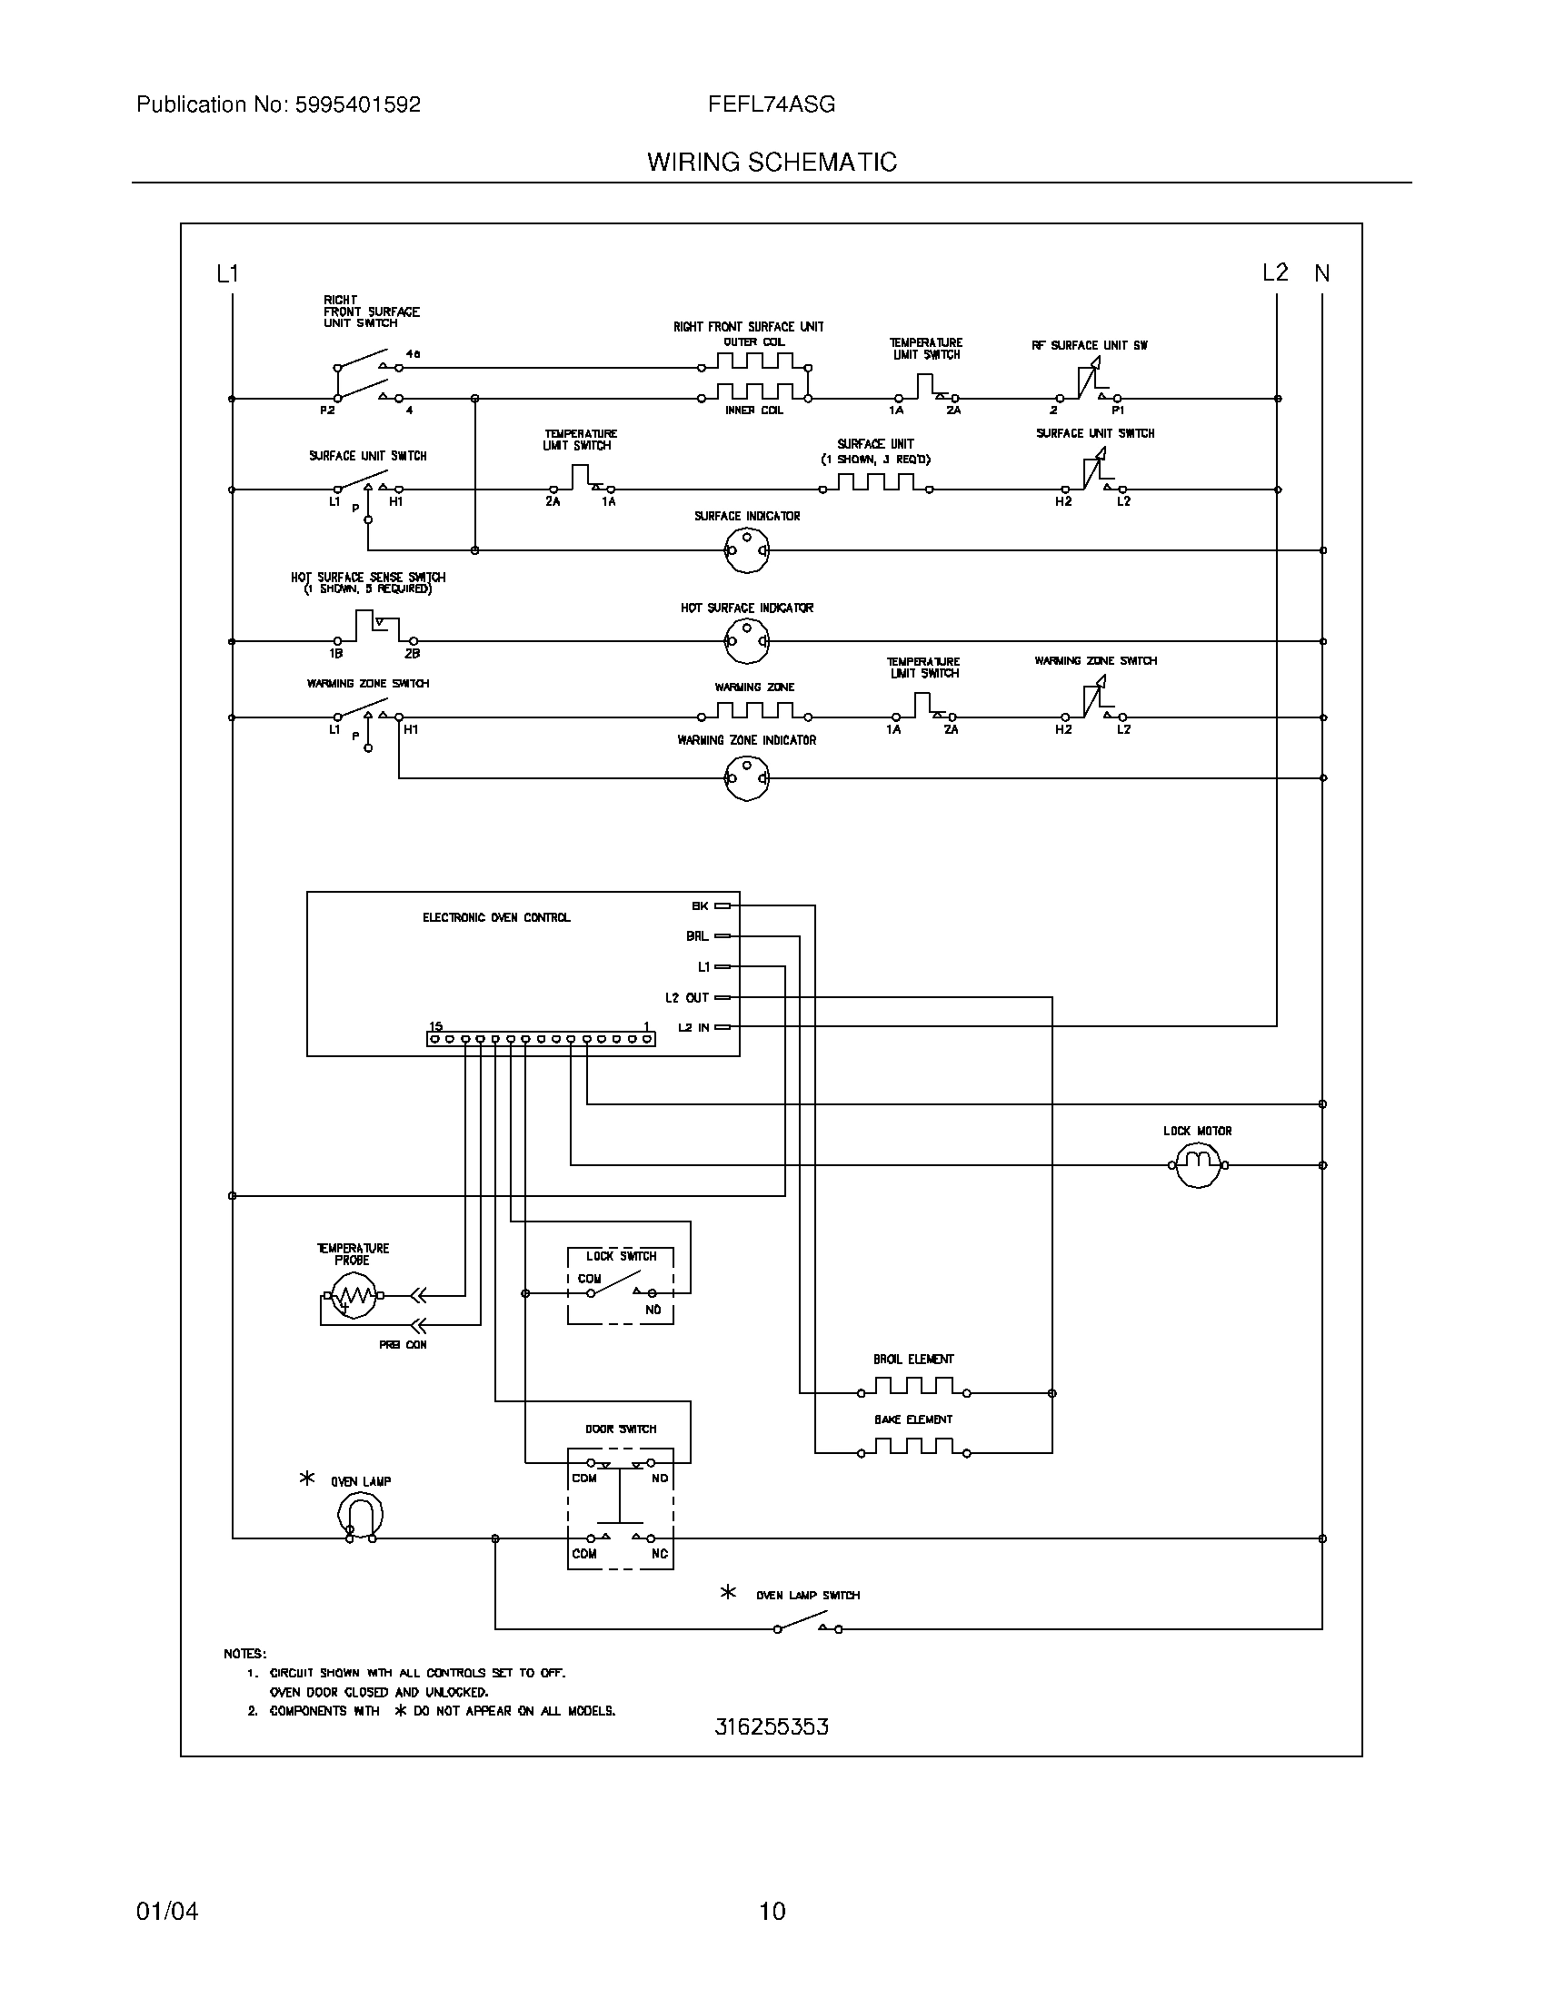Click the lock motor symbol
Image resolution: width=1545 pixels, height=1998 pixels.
(x=1197, y=1164)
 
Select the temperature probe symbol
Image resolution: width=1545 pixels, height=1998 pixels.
(x=354, y=1295)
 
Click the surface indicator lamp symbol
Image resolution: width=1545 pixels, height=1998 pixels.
(x=747, y=550)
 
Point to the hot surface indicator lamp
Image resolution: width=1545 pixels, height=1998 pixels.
(x=747, y=641)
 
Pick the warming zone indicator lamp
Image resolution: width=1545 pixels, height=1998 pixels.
(x=747, y=778)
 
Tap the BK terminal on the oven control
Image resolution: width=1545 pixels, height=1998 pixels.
(x=723, y=905)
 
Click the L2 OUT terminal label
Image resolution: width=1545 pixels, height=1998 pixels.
(x=686, y=997)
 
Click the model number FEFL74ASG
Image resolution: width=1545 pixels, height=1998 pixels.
(x=771, y=104)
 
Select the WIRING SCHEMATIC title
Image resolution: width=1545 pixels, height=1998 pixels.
(x=772, y=162)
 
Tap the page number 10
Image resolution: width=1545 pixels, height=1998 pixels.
(x=772, y=1911)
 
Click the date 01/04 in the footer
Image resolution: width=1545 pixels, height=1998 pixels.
(x=166, y=1911)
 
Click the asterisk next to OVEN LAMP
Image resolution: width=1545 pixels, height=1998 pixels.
(x=307, y=1478)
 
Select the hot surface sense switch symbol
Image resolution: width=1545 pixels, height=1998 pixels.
(x=374, y=630)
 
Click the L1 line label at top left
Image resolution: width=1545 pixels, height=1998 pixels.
(x=227, y=273)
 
